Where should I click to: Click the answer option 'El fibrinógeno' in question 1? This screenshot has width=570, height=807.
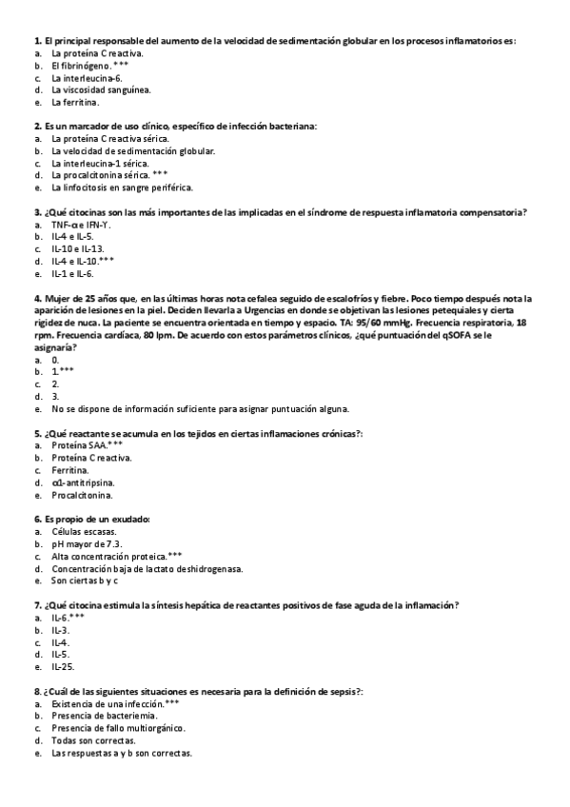(x=80, y=66)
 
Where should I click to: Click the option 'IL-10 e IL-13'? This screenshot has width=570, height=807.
(x=78, y=248)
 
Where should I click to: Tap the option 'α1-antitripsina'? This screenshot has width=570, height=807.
(x=84, y=482)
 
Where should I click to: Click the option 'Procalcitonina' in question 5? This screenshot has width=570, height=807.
(x=82, y=495)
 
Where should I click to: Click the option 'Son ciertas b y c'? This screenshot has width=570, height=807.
(x=85, y=581)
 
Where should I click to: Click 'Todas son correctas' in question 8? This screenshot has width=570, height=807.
(x=93, y=740)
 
